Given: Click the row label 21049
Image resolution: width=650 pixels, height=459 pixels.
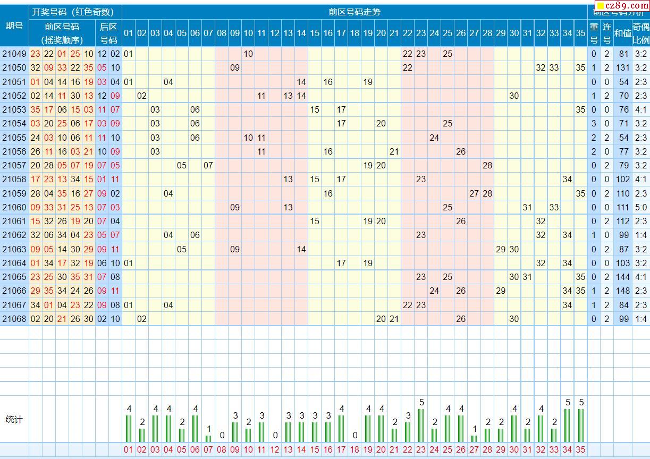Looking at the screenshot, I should pos(14,54).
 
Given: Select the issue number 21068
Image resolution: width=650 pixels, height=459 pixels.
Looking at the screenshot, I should pos(14,319).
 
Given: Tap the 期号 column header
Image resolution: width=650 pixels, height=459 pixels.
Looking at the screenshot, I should pos(14,25).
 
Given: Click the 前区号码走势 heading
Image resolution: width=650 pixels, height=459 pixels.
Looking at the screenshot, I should pos(354,12).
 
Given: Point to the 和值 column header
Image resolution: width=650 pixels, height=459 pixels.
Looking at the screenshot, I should pos(622,33).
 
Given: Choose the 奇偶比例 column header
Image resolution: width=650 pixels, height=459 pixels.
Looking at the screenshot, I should pos(641,33).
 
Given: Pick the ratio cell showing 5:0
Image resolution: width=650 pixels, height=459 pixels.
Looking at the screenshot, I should pos(641,207).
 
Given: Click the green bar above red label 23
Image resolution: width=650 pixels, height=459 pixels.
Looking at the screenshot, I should pos(421,425).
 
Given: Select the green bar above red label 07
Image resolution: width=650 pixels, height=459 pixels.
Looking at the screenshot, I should pos(208,438).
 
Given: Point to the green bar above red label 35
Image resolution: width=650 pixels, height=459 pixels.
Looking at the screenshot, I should pos(580,425).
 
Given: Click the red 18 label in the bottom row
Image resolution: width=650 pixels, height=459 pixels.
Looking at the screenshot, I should pos(354,450).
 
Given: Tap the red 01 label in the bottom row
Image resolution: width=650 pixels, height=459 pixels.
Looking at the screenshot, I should pos(129,450).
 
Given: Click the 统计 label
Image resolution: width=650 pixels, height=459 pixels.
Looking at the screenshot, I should pos(14,420).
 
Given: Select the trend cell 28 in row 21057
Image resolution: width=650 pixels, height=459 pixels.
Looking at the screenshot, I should pos(487,165).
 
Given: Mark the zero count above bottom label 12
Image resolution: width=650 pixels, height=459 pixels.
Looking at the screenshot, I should pos(275,435).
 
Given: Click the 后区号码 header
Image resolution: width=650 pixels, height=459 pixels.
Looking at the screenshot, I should pos(108,33).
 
